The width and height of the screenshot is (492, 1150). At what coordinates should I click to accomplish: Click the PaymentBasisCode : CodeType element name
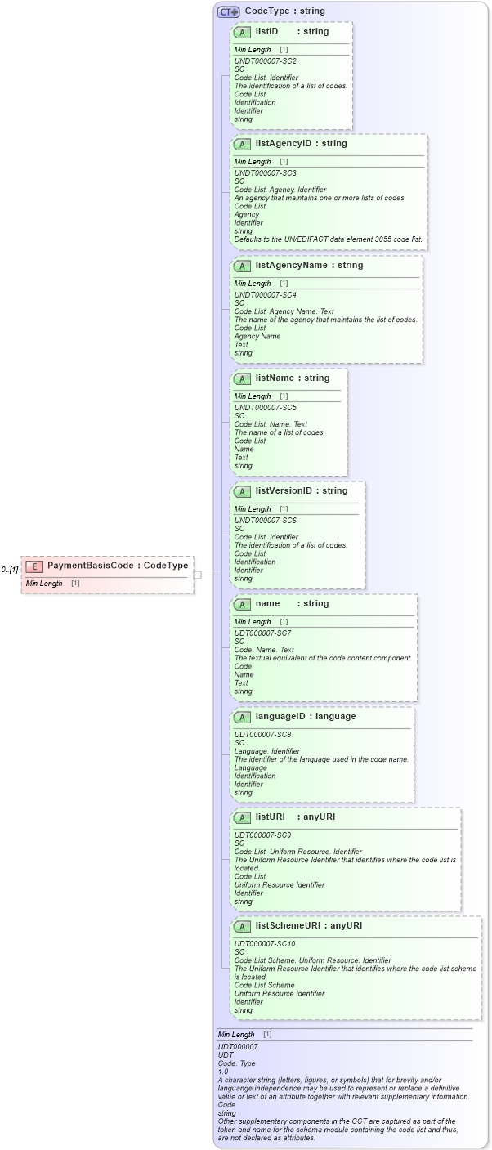[x=118, y=566]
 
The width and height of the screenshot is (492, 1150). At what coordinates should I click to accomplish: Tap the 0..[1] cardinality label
[x=10, y=569]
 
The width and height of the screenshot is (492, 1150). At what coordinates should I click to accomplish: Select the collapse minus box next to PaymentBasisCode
[x=197, y=575]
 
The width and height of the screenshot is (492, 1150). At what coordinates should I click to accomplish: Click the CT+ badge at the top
[x=228, y=11]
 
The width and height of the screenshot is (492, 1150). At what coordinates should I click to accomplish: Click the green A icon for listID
[x=242, y=32]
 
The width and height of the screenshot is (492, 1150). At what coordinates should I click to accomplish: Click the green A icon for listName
[x=242, y=378]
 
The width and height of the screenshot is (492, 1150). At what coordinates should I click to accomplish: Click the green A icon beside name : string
[x=242, y=604]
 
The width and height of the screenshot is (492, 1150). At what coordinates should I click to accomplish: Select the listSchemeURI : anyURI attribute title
[x=308, y=926]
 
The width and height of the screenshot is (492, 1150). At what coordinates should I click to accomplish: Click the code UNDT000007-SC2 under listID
[x=265, y=61]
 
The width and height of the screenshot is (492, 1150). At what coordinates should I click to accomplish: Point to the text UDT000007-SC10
[x=265, y=944]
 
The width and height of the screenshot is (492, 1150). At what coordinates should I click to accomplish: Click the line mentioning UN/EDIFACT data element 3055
[x=328, y=239]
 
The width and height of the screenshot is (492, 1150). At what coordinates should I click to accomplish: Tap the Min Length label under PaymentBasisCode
[x=44, y=584]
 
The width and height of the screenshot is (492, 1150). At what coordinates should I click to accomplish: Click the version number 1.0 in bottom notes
[x=223, y=1071]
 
